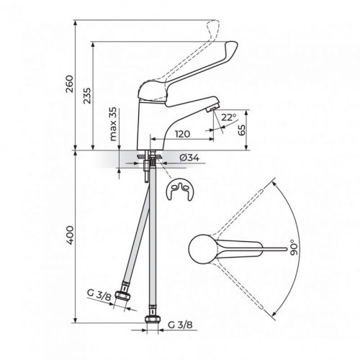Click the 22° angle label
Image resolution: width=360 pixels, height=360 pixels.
[229, 117]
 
